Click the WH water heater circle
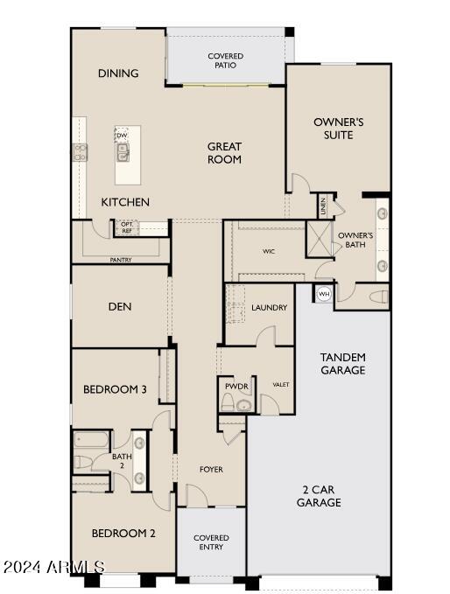(x=323, y=294)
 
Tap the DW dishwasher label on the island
(x=122, y=136)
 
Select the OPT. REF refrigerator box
(x=127, y=227)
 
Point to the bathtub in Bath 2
(x=91, y=440)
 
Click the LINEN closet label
(x=323, y=206)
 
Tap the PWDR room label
(x=236, y=387)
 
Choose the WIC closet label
(x=269, y=251)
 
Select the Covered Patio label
(x=226, y=60)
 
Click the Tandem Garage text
(x=342, y=364)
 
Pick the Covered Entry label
(x=211, y=542)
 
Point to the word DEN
(x=120, y=306)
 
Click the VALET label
(x=281, y=385)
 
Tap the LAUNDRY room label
(x=269, y=308)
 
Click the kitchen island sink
(x=123, y=152)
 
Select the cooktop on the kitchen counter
(x=80, y=152)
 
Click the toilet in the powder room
(x=228, y=402)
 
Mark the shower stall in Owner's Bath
(x=320, y=240)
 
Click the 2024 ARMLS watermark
(x=53, y=567)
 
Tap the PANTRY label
(x=121, y=260)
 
